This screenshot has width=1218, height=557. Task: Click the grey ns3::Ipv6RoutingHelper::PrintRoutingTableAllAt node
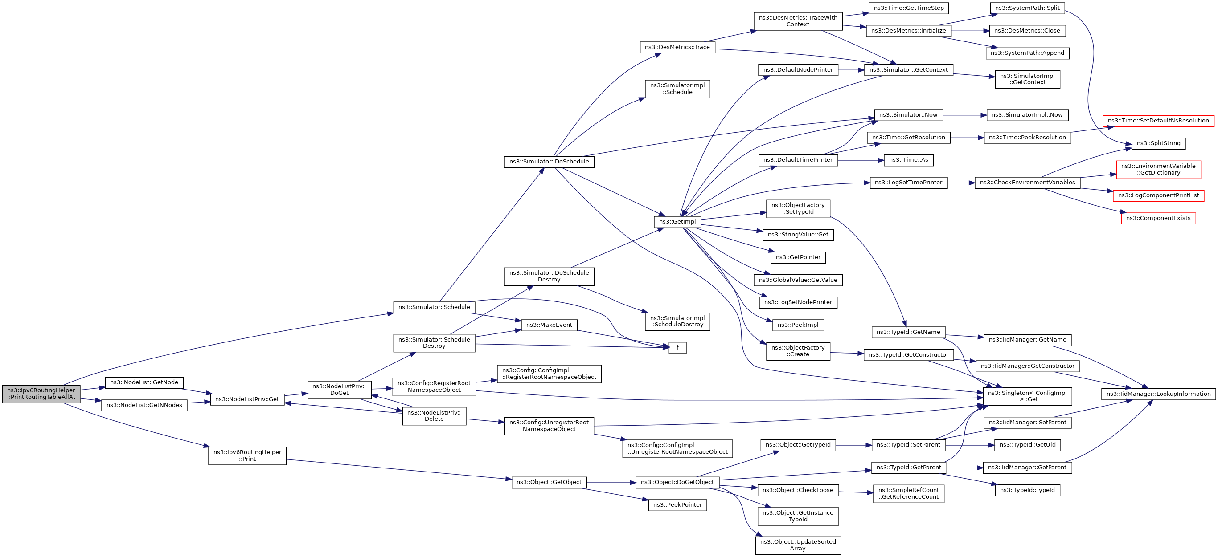coord(41,394)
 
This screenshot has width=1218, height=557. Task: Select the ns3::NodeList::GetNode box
coord(144,382)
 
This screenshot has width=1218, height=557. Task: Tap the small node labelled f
coord(677,348)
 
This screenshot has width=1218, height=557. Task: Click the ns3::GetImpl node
coord(677,222)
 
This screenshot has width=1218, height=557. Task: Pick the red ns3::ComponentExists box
coord(1158,218)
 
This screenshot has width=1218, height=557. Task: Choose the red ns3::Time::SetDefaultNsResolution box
coord(1158,121)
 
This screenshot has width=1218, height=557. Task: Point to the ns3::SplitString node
coord(1158,143)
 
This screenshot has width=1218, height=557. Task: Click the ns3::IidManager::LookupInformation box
coord(1158,394)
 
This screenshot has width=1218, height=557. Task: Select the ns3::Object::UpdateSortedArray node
coord(798,545)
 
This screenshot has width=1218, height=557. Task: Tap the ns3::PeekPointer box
coord(677,505)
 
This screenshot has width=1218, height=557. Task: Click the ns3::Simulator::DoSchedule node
coord(549,162)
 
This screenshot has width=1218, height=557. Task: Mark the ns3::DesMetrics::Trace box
coord(677,47)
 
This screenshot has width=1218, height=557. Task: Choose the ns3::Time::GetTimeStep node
coord(908,8)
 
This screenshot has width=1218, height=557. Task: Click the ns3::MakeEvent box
coord(549,325)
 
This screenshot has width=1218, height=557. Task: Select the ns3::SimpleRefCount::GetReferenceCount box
coord(908,493)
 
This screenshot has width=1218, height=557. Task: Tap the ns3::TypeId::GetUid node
coord(1027,445)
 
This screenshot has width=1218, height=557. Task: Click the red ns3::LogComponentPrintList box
coord(1158,195)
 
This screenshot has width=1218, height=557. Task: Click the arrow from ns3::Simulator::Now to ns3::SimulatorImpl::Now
coord(964,115)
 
